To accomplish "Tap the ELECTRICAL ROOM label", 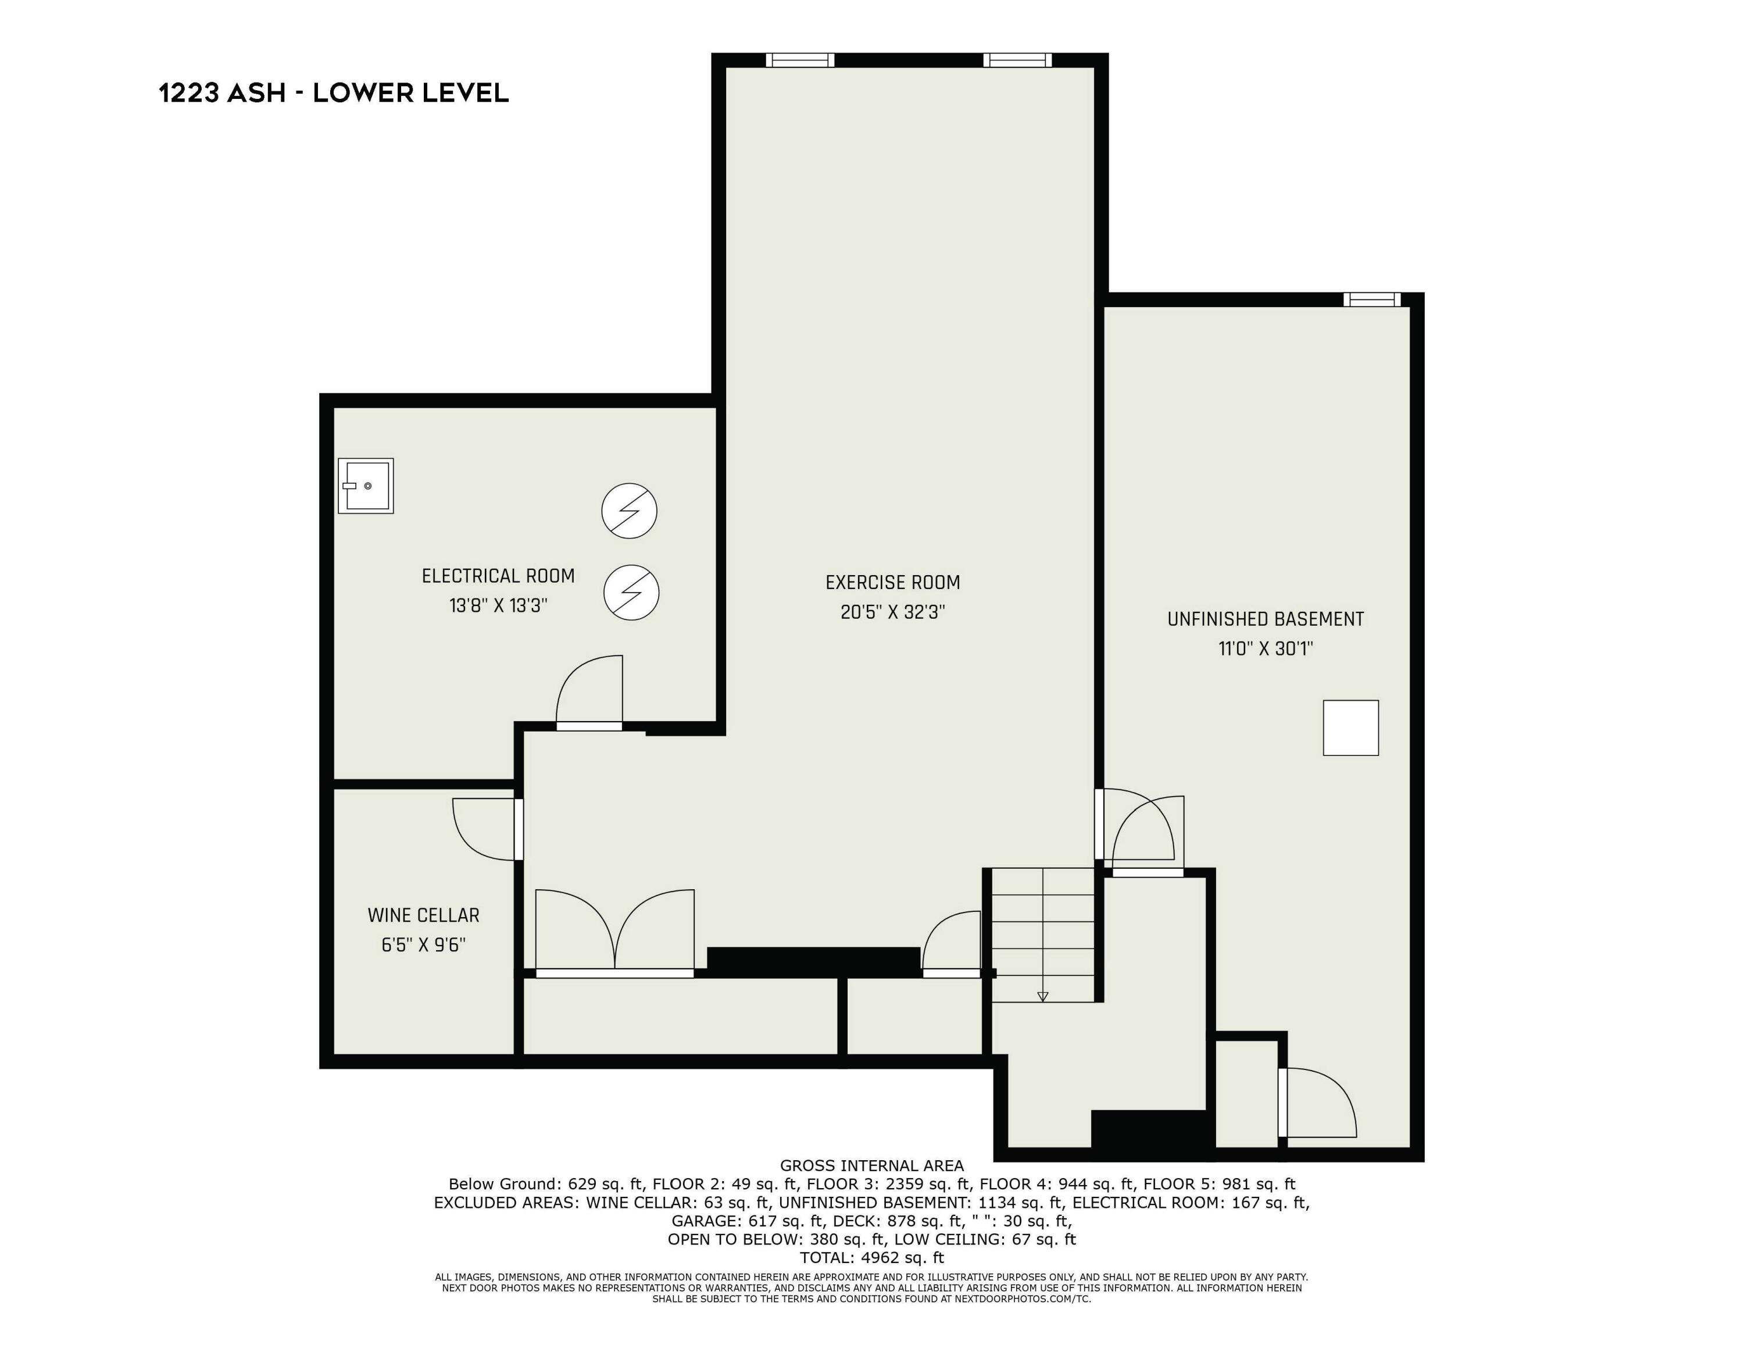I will tap(498, 576).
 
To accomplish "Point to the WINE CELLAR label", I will tap(423, 915).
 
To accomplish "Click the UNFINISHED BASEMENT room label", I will tap(1265, 619).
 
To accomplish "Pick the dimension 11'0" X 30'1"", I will tap(1265, 648).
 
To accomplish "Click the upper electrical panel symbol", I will tap(629, 510).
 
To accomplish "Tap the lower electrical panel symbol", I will tap(631, 593).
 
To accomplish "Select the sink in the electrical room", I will tap(366, 486).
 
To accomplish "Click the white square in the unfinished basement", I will tap(1350, 728).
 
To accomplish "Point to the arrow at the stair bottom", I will tap(1042, 996).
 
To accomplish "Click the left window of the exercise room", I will tap(799, 60).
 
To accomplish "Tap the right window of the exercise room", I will tap(1017, 60).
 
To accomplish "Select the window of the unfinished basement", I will tap(1371, 299).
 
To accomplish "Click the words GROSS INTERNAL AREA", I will tap(871, 1165).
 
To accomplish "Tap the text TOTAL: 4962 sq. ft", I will tap(871, 1258).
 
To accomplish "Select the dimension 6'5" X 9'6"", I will tap(423, 945).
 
